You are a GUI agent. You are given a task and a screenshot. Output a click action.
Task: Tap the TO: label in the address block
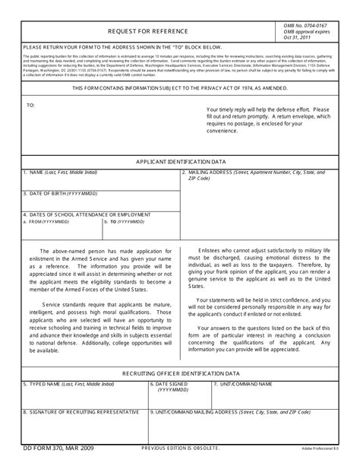coord(31,106)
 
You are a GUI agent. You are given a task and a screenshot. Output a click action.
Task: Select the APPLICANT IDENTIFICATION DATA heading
coord(180,163)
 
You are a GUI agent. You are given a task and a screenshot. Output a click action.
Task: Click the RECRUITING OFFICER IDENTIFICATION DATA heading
coord(180,374)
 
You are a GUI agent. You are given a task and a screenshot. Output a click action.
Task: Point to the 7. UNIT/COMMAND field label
coord(241,385)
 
